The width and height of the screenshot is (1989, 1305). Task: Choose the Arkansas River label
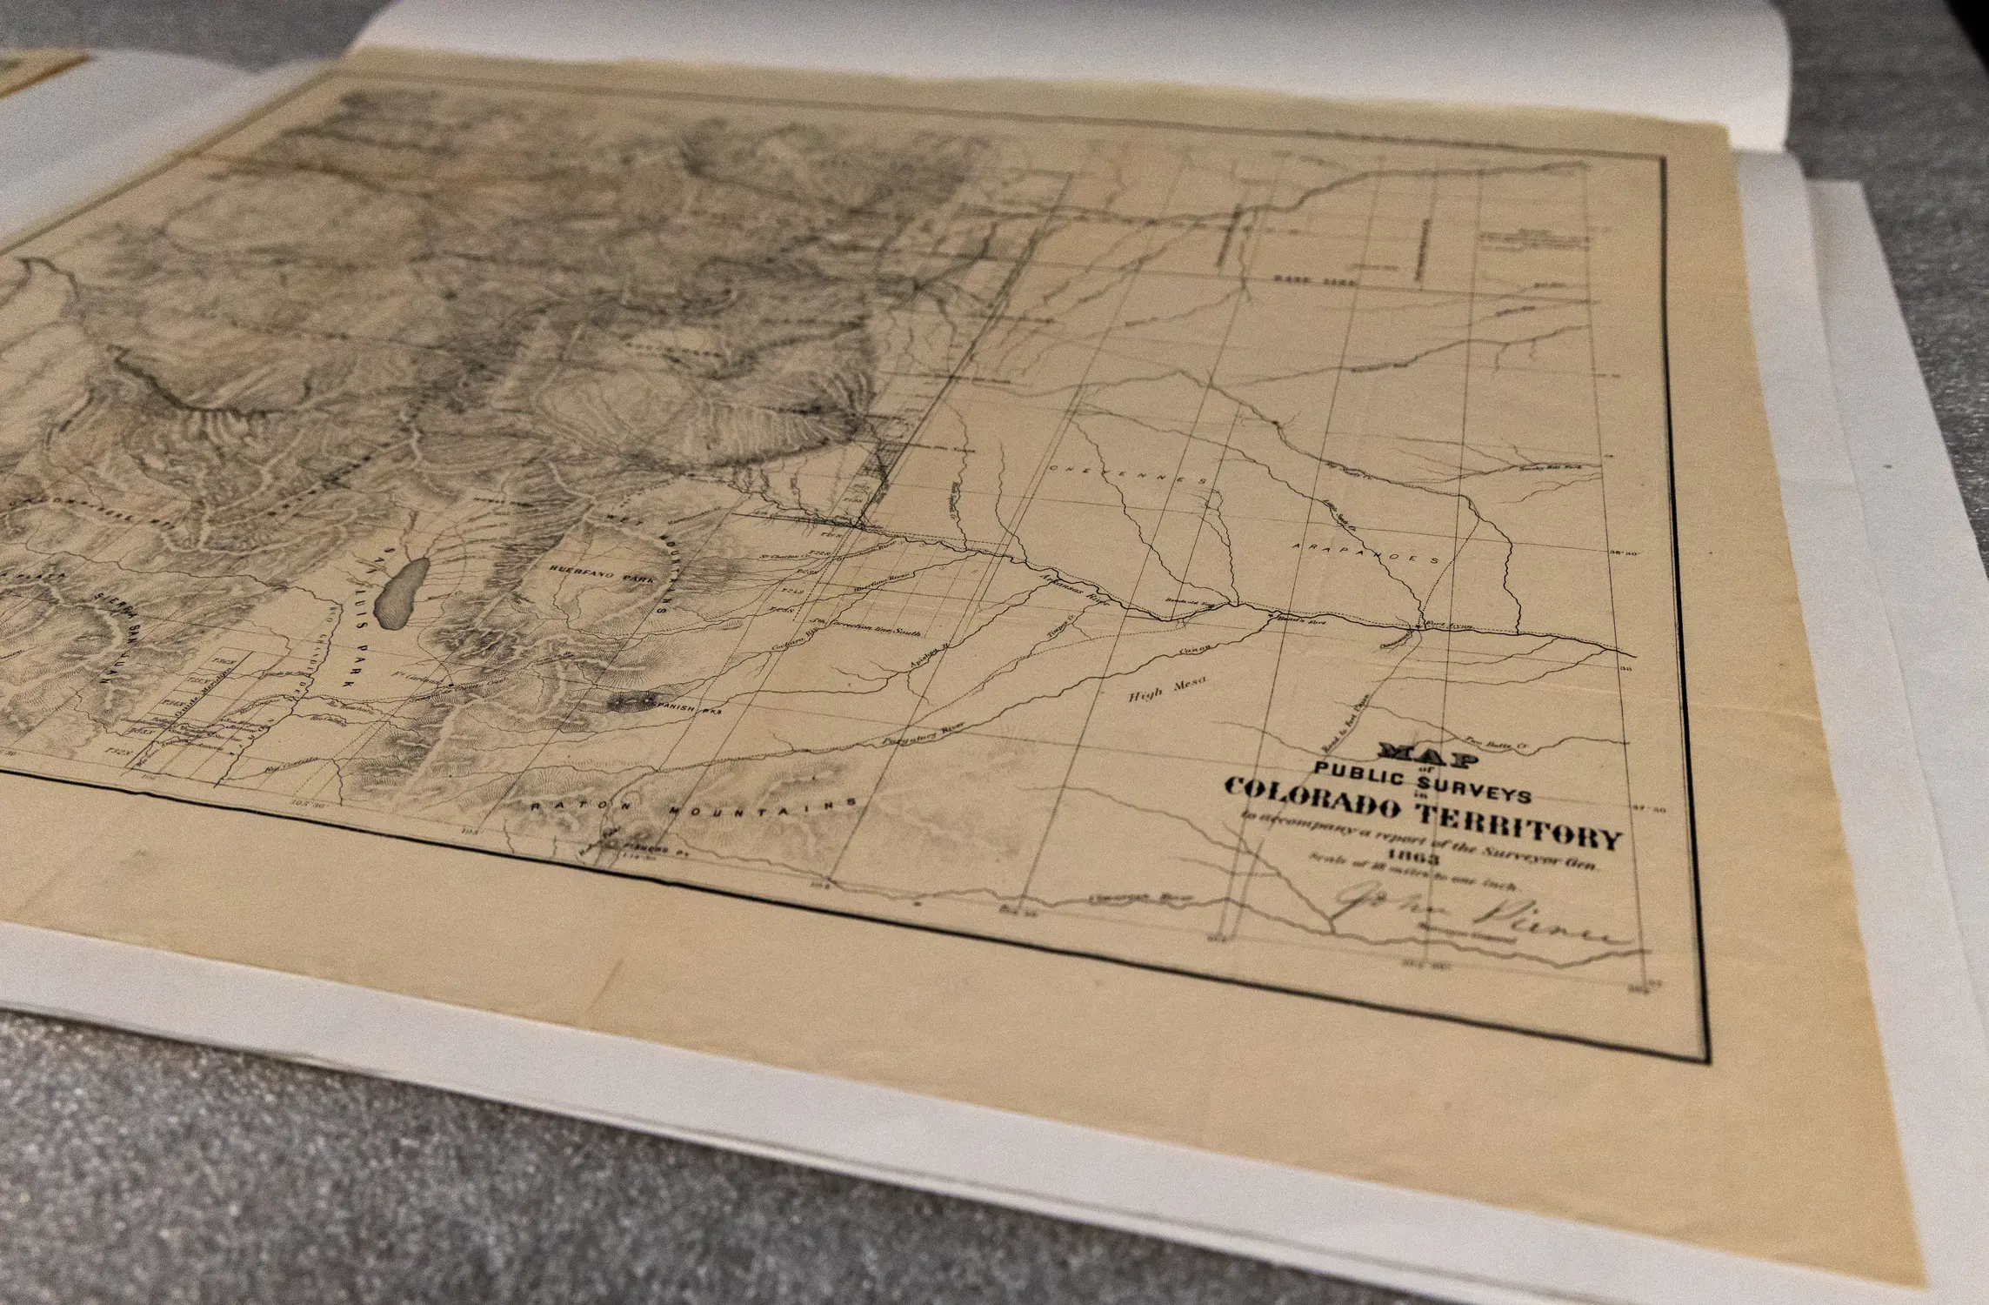(1078, 590)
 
